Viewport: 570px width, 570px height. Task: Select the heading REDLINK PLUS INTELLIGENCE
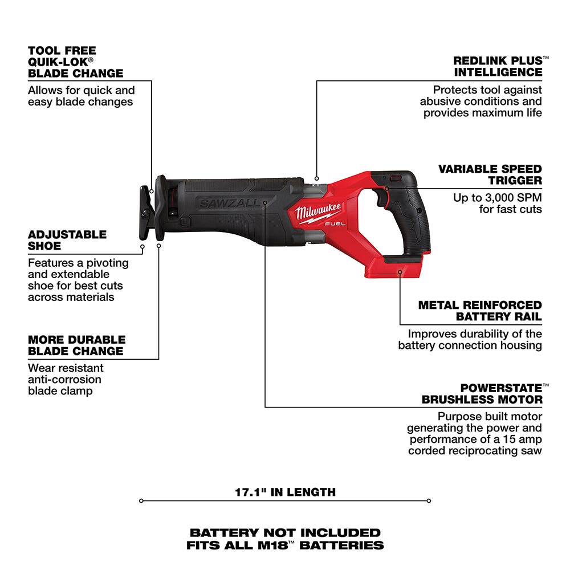tap(498, 66)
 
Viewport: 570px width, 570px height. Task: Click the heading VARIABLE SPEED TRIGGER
tap(490, 174)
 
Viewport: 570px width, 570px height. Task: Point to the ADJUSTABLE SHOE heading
tap(67, 240)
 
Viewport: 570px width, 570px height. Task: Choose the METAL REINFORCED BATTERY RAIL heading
tap(480, 311)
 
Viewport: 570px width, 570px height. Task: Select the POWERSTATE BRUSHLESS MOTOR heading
tap(482, 393)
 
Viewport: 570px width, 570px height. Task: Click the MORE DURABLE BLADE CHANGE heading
tap(75, 345)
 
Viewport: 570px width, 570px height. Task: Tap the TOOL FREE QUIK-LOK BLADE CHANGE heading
tap(75, 62)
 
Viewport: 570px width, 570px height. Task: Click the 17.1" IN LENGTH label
tap(285, 491)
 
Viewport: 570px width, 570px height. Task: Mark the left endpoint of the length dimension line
tap(141, 501)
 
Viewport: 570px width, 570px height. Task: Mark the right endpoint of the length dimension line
tap(429, 501)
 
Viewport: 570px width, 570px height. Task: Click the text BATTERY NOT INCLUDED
tap(285, 533)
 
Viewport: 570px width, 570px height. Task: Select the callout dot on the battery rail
tap(400, 272)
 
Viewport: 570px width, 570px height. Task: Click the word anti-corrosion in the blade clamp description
tap(64, 379)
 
